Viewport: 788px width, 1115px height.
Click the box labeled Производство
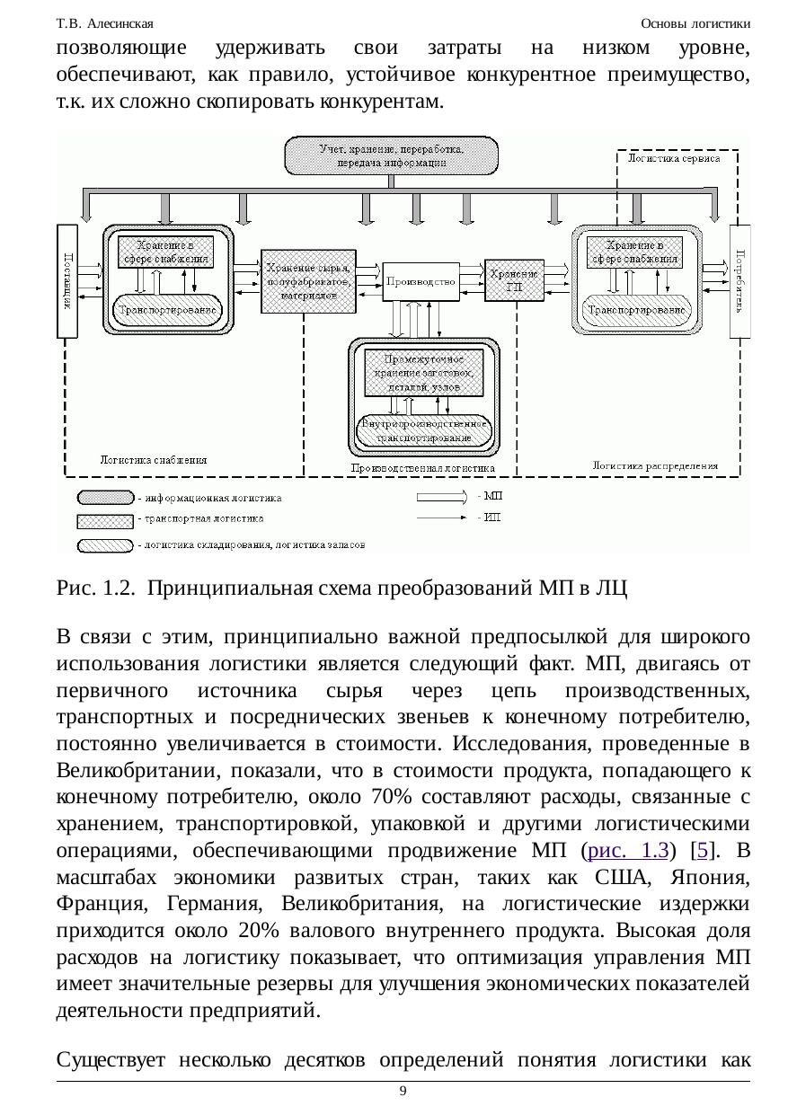[420, 282]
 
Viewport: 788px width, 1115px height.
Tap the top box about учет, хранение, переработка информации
[391, 156]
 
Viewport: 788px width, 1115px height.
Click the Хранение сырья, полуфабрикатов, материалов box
[307, 281]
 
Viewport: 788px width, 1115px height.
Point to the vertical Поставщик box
[66, 281]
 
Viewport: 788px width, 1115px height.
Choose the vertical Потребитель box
[739, 281]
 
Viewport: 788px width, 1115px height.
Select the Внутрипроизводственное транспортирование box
[425, 430]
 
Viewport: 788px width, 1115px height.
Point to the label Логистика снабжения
[153, 459]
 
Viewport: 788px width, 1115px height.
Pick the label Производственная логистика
[422, 468]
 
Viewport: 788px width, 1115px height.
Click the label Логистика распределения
[655, 465]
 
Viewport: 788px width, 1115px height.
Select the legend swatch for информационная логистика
[105, 497]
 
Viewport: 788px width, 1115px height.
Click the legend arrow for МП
[442, 495]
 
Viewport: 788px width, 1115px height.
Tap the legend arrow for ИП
[442, 517]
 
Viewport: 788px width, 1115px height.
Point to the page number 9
[403, 1091]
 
